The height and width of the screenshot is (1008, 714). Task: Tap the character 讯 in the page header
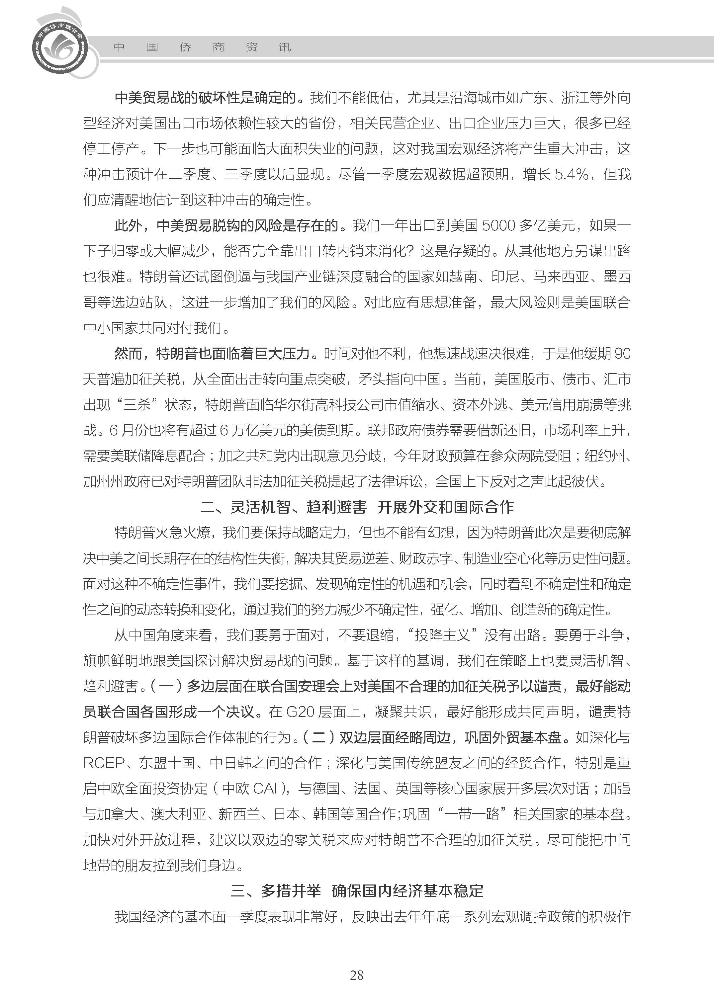click(285, 47)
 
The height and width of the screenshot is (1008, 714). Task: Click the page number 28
click(357, 987)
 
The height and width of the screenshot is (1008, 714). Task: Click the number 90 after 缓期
click(622, 354)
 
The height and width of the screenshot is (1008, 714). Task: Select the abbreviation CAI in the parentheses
click(265, 789)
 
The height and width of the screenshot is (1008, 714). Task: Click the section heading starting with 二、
click(357, 507)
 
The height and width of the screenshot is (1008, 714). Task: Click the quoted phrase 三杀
click(137, 405)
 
